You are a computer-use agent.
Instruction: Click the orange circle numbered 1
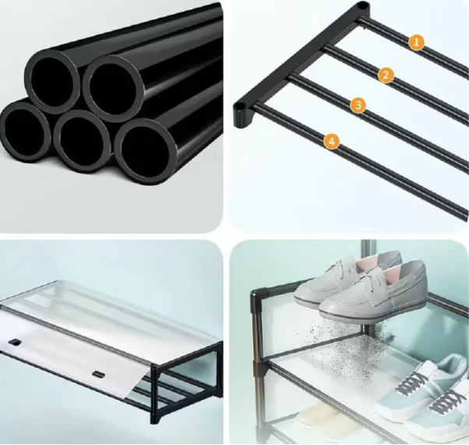point(417,42)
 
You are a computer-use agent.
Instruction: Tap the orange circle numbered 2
point(386,75)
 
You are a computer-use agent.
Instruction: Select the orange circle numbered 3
point(358,105)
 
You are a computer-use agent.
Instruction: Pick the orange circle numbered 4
point(331,141)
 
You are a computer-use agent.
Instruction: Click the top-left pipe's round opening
point(51,81)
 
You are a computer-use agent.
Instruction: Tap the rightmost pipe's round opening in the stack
point(146,151)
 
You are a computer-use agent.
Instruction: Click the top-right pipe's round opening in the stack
point(113,89)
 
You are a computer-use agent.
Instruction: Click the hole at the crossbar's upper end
point(362,5)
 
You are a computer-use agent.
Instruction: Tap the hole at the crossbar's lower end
point(239,106)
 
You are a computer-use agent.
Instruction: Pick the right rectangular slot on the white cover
point(98,374)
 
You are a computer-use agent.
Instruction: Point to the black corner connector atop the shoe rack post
point(259,294)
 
